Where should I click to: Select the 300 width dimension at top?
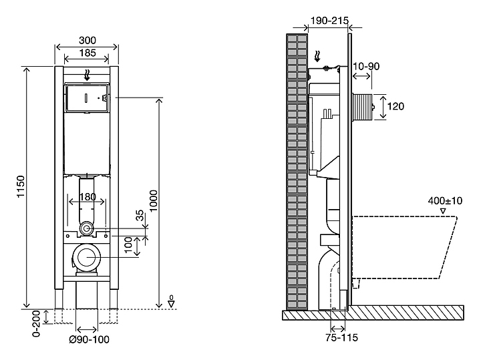pos(86,40)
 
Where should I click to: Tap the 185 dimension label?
pos(86,53)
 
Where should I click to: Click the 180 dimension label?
pos(87,196)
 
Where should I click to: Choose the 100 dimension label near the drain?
pos(128,246)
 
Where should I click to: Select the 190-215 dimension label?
pos(329,21)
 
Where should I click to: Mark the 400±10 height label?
pos(445,200)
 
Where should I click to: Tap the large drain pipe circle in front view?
pos(86,258)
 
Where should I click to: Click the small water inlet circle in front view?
pos(86,228)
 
